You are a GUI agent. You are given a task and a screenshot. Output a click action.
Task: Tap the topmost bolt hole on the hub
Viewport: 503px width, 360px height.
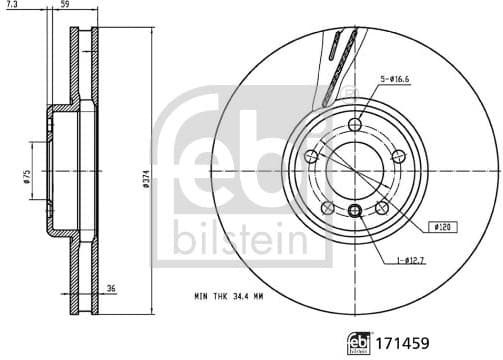click(355, 124)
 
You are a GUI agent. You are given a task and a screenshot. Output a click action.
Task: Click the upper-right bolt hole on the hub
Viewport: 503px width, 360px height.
click(398, 155)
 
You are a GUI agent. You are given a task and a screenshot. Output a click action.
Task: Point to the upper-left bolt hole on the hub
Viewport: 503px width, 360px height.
click(312, 156)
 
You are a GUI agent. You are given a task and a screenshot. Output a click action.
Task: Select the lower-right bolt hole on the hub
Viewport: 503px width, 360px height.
click(382, 206)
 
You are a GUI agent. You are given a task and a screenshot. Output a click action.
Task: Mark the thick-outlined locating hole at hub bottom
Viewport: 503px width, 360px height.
click(355, 209)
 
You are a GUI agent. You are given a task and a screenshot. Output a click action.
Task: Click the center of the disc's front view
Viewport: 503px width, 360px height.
click(355, 170)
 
